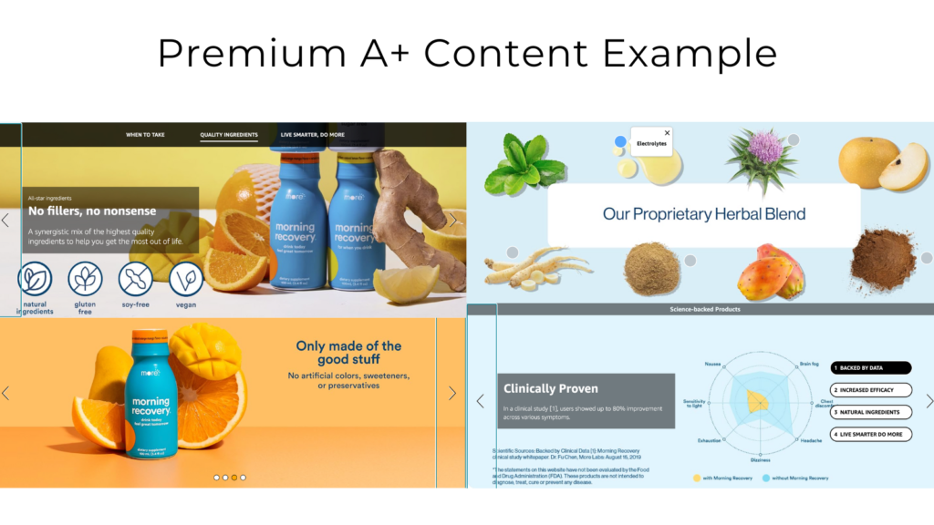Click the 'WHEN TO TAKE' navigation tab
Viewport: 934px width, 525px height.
click(x=145, y=135)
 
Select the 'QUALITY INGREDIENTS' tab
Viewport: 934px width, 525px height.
click(x=229, y=135)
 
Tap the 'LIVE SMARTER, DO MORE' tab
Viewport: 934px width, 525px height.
click(x=312, y=135)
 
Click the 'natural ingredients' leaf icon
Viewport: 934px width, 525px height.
click(x=35, y=279)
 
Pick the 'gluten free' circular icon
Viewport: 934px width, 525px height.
click(x=85, y=279)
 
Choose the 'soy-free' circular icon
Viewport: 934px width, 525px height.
click(x=136, y=279)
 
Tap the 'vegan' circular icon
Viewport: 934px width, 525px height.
click(x=186, y=279)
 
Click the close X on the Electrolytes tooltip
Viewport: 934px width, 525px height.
click(x=667, y=133)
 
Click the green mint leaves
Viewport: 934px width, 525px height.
click(x=524, y=165)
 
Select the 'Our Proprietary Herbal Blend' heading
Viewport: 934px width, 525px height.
click(x=703, y=215)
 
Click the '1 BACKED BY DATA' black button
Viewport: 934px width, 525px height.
click(x=870, y=368)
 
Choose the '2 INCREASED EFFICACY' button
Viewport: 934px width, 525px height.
click(x=870, y=390)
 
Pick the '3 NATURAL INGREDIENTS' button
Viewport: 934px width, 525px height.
click(x=870, y=412)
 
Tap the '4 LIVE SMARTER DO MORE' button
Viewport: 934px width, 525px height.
click(x=870, y=434)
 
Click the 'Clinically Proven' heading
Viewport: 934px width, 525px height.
click(x=550, y=388)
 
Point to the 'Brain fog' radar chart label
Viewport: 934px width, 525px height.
click(x=809, y=364)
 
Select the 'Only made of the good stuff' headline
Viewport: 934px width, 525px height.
click(x=348, y=353)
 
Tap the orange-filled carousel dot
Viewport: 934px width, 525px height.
click(x=234, y=477)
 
